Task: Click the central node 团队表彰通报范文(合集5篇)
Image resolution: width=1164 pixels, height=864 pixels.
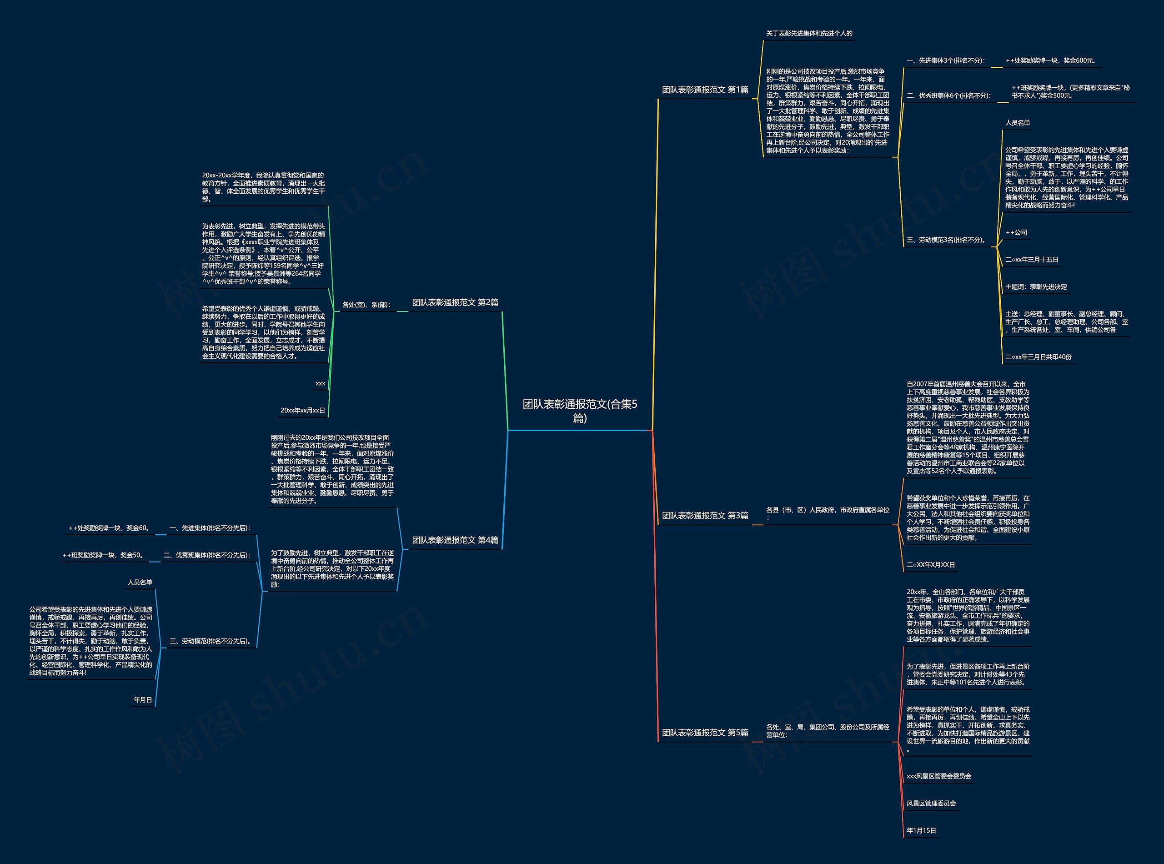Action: coord(579,411)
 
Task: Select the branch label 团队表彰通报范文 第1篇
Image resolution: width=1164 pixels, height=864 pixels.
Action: coord(704,90)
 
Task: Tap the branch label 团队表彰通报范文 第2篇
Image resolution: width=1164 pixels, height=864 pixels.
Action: coord(455,302)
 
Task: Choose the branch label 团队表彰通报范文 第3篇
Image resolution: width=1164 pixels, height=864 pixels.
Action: coord(704,516)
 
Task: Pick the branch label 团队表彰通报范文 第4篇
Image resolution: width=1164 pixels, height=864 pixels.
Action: coord(455,540)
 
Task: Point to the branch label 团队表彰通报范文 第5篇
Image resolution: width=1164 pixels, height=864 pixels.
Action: coord(704,733)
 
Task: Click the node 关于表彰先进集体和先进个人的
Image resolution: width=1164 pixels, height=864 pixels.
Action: coord(809,34)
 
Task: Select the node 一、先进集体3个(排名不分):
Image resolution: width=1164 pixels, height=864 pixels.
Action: coord(945,60)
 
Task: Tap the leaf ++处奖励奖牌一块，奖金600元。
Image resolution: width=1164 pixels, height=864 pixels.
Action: coord(1051,60)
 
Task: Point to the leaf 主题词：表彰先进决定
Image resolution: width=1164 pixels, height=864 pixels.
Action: coord(1036,287)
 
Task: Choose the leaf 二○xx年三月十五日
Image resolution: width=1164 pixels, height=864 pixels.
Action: coord(1032,260)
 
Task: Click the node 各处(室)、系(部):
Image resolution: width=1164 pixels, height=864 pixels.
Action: coord(366,305)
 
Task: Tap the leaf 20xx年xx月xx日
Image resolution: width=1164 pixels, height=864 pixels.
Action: coord(303,411)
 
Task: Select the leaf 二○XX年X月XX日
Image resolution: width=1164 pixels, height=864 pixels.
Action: coord(931,565)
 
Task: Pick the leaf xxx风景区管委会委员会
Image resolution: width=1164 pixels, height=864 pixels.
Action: coord(938,777)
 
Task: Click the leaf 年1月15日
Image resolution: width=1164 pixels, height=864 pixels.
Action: coord(921,830)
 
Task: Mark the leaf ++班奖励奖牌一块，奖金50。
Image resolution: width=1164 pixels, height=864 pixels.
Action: coord(103,555)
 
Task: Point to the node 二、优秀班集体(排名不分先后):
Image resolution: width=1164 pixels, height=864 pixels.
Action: coord(206,555)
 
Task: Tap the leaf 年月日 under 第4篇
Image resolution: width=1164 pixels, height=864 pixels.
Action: coord(143,700)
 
